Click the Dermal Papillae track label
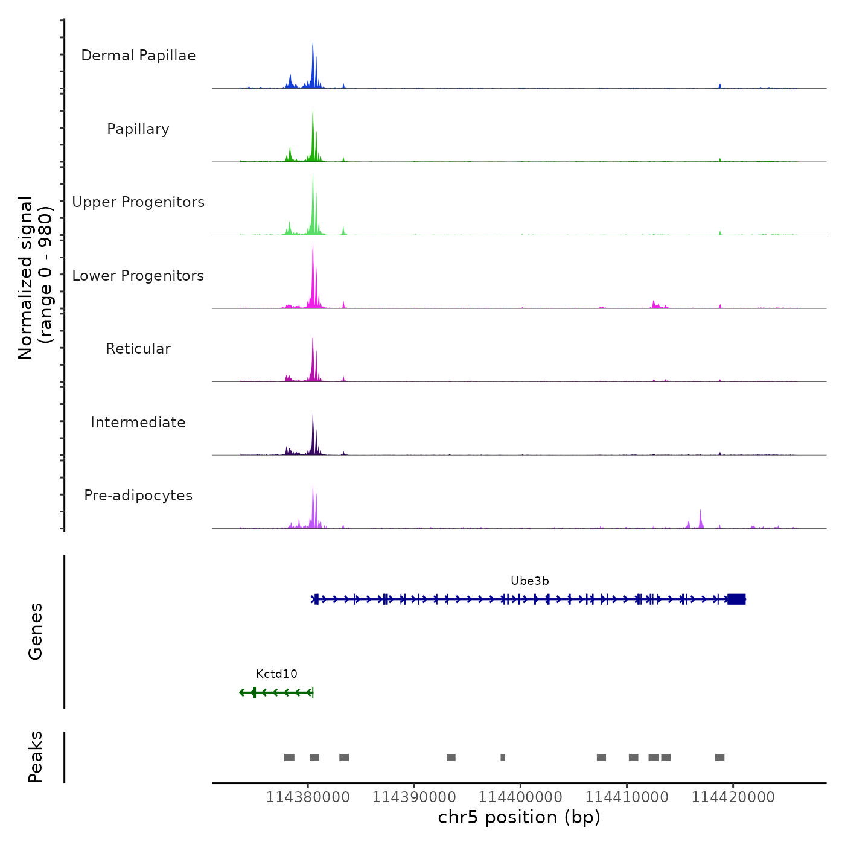pyautogui.click(x=138, y=56)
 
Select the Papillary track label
pyautogui.click(x=138, y=129)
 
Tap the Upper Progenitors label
pyautogui.click(x=138, y=202)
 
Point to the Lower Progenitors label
pyautogui.click(x=138, y=276)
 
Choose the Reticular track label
pyautogui.click(x=138, y=349)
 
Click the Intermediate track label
pyautogui.click(x=138, y=422)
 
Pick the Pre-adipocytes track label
pyautogui.click(x=138, y=496)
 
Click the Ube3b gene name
pyautogui.click(x=530, y=581)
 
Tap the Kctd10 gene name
pyautogui.click(x=276, y=674)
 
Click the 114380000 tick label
pyautogui.click(x=308, y=797)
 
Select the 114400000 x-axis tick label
pyautogui.click(x=520, y=797)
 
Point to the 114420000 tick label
pyautogui.click(x=733, y=797)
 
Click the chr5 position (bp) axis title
pyautogui.click(x=519, y=817)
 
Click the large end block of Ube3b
pyautogui.click(x=737, y=599)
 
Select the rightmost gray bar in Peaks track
pyautogui.click(x=719, y=757)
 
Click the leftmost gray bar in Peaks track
pyautogui.click(x=289, y=757)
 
